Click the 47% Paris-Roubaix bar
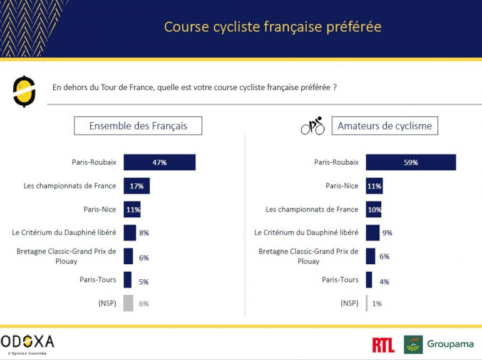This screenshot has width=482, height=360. point(159,162)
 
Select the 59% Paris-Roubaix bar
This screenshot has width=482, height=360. point(411,162)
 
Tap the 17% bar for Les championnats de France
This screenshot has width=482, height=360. point(136,186)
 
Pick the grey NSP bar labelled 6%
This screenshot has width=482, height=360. point(128,303)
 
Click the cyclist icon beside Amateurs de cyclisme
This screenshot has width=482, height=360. point(313,126)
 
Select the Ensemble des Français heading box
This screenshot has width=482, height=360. point(138,126)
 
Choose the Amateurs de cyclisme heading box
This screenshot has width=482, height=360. point(384,126)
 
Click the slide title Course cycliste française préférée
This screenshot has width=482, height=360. point(272,27)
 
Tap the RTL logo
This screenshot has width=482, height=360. point(383,344)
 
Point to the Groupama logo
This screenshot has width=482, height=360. point(439,344)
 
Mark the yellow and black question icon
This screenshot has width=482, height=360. point(24,91)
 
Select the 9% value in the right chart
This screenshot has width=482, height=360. point(387,233)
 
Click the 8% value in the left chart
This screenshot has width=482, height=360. point(144,233)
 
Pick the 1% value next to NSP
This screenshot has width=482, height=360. point(377,304)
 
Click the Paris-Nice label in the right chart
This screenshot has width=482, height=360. point(342,185)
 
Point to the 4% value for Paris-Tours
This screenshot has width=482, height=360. point(384,282)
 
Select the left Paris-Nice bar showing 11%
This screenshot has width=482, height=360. point(132,210)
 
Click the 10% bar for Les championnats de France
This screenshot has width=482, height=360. point(374,210)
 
